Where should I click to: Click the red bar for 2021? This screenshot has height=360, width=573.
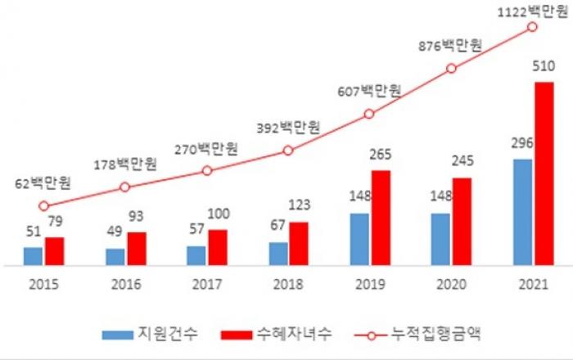(x=544, y=173)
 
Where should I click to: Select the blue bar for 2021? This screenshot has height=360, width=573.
(x=522, y=212)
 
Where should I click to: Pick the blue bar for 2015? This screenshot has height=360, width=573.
(x=33, y=256)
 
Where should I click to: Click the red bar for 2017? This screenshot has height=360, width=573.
(x=218, y=247)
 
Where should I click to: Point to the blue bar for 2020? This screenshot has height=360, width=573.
(x=440, y=239)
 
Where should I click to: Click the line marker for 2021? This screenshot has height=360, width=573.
(x=533, y=27)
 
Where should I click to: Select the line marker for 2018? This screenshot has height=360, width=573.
(x=287, y=151)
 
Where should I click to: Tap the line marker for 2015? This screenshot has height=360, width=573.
(x=43, y=206)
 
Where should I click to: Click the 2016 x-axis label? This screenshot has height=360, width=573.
(x=124, y=286)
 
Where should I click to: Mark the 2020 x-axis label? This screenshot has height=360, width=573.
(x=451, y=286)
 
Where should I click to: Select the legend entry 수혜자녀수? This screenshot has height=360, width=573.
(x=273, y=334)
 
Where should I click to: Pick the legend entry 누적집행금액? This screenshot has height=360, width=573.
(x=417, y=334)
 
